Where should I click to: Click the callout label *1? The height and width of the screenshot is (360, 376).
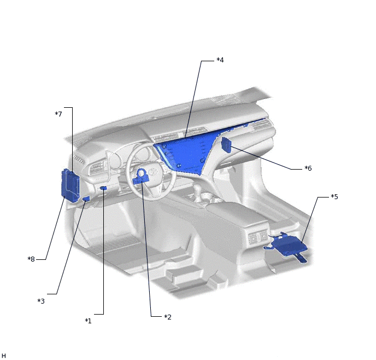click(88, 321)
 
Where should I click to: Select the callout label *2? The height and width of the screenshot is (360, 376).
click(168, 317)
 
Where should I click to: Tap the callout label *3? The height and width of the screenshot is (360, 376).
click(41, 301)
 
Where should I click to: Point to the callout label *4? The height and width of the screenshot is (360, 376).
click(220, 60)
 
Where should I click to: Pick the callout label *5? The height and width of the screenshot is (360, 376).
click(334, 196)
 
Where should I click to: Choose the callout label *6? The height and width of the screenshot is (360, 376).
click(308, 169)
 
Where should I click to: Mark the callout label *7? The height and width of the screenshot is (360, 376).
click(58, 114)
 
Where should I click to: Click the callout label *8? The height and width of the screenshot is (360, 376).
click(31, 259)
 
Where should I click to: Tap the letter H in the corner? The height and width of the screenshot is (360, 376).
click(3, 356)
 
